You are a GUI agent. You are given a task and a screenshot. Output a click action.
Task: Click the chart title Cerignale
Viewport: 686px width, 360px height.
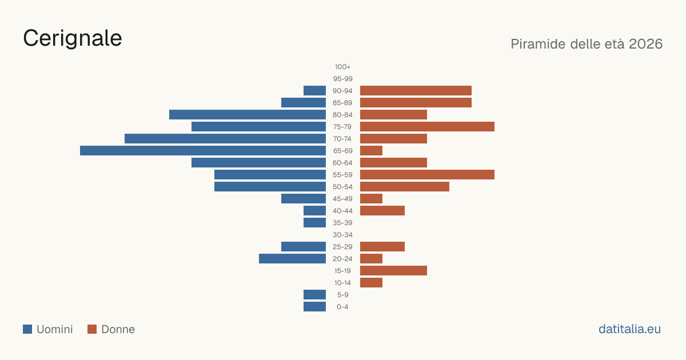click(x=73, y=38)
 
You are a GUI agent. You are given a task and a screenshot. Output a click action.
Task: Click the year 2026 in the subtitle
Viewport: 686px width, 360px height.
click(x=645, y=44)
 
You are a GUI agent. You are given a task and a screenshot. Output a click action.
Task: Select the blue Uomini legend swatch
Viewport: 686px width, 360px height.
click(x=27, y=329)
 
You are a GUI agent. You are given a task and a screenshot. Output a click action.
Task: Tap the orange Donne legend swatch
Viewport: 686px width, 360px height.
click(x=92, y=329)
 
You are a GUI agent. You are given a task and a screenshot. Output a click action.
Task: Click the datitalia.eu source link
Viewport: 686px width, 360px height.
click(x=629, y=329)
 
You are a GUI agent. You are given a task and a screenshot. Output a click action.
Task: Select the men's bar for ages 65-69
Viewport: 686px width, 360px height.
click(x=203, y=151)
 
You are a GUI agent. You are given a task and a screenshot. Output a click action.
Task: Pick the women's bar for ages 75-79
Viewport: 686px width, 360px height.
click(x=427, y=127)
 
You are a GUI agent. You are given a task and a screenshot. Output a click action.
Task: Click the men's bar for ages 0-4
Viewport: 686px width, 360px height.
click(x=314, y=307)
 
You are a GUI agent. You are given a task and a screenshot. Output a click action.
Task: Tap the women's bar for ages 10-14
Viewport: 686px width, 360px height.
click(x=371, y=282)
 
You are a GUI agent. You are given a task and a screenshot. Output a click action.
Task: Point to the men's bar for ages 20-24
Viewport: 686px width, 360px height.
click(x=292, y=259)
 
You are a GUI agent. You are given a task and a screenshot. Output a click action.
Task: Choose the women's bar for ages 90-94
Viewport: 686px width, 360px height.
click(x=416, y=91)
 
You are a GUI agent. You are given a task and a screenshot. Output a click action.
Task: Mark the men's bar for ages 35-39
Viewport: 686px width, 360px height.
click(x=314, y=222)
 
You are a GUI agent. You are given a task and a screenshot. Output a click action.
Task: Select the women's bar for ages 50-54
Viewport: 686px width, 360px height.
click(x=405, y=187)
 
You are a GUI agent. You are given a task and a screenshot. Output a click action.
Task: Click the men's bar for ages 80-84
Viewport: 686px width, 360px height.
click(x=248, y=115)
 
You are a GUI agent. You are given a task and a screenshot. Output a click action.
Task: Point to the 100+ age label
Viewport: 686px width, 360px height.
click(x=342, y=67)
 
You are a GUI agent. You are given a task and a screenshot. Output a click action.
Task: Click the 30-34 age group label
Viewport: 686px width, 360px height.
click(x=342, y=235)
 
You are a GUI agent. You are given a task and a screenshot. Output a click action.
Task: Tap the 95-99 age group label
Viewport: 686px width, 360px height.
click(x=342, y=79)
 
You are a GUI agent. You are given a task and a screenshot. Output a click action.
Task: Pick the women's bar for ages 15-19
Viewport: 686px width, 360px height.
click(x=393, y=271)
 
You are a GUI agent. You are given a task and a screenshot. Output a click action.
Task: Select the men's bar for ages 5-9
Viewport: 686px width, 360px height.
click(x=314, y=295)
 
